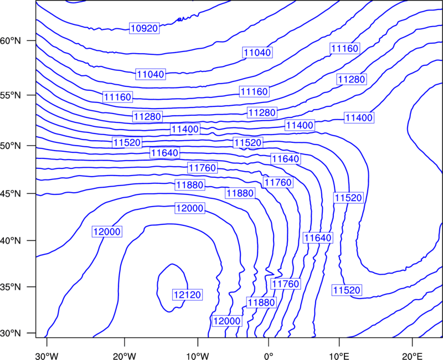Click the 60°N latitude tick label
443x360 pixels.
pyautogui.click(x=11, y=41)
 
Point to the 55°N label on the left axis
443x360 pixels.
pyautogui.click(x=11, y=95)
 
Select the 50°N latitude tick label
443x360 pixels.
pyautogui.click(x=11, y=146)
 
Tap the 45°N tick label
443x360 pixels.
pyautogui.click(x=11, y=194)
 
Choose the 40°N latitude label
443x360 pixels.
pyautogui.click(x=11, y=241)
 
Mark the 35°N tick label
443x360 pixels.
pyautogui.click(x=11, y=287)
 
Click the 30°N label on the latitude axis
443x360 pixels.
pyautogui.click(x=11, y=333)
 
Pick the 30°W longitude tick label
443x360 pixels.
pyautogui.click(x=47, y=356)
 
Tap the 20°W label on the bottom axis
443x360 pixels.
pyautogui.click(x=124, y=356)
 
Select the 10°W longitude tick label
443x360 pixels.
pyautogui.click(x=198, y=356)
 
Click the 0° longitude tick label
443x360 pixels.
pyautogui.click(x=269, y=356)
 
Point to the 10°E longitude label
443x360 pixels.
pyautogui.click(x=339, y=356)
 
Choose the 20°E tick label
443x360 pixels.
pyautogui.click(x=413, y=356)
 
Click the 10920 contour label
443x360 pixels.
pyautogui.click(x=145, y=28)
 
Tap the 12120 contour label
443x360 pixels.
pyautogui.click(x=187, y=295)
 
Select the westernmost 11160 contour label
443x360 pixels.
pyautogui.click(x=117, y=97)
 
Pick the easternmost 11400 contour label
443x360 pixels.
pyautogui.click(x=359, y=117)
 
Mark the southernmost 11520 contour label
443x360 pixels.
pyautogui.click(x=347, y=290)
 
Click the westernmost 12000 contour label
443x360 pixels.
pyautogui.click(x=107, y=232)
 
